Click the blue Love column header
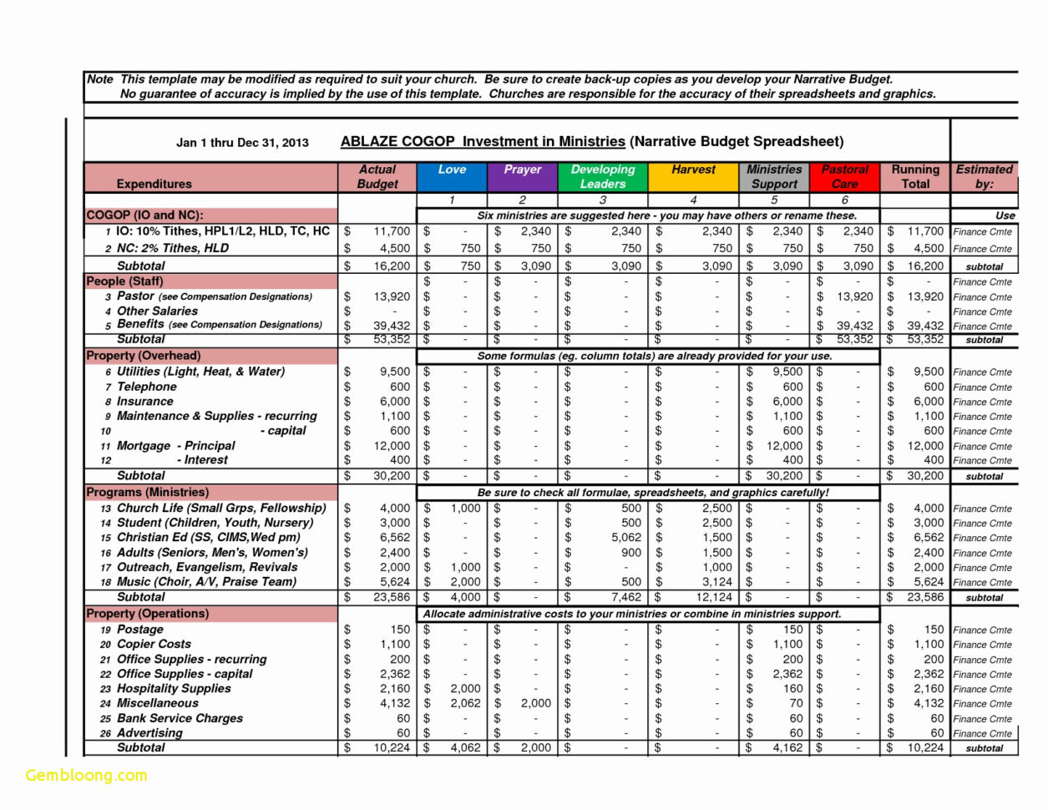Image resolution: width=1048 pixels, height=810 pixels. click(452, 176)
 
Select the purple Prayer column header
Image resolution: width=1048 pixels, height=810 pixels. click(522, 176)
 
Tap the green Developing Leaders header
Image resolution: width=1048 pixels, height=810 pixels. click(602, 176)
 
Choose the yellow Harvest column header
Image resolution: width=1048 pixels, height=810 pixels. click(693, 176)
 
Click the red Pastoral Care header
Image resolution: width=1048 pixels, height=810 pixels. click(844, 176)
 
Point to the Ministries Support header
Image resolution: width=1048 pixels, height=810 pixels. click(773, 176)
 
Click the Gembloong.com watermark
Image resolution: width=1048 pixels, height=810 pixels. click(86, 775)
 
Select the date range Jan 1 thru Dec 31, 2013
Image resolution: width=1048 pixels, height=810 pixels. click(242, 142)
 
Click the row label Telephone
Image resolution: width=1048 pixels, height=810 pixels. click(147, 387)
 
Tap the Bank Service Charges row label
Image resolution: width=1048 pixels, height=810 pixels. click(180, 718)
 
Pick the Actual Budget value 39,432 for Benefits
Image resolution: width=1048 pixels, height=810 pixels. click(392, 326)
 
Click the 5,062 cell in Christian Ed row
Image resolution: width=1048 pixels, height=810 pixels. click(625, 538)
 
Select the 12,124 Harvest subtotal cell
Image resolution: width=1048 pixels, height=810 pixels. click(714, 597)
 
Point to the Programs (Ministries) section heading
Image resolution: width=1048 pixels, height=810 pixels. click(148, 493)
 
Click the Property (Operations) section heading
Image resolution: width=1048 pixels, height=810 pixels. click(148, 614)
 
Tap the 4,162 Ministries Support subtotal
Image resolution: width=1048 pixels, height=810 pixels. click(787, 748)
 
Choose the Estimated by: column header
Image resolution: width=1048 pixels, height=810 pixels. click(984, 176)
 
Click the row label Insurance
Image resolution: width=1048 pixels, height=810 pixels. click(145, 402)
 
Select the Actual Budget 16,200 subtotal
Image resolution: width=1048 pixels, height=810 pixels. click(392, 266)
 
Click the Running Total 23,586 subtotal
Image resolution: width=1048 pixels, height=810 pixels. click(928, 597)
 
